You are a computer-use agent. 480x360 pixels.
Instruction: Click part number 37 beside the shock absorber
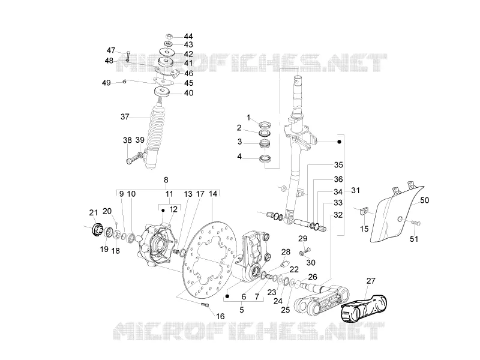[125, 116]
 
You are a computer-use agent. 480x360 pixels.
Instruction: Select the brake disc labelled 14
[211, 260]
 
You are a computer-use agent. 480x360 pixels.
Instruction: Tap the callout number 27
[371, 281]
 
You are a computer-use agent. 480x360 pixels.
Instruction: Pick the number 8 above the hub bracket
[166, 179]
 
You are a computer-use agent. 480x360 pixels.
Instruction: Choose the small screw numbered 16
[205, 305]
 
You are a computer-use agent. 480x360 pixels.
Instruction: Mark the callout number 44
[188, 36]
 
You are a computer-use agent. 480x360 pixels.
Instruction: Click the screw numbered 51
[414, 223]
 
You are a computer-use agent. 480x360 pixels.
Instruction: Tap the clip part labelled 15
[364, 211]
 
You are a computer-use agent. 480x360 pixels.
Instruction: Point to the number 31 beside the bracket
[355, 190]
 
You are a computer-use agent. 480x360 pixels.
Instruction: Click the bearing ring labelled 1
[265, 125]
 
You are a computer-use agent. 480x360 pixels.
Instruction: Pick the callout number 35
[338, 164]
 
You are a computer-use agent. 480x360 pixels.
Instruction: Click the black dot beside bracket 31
[339, 142]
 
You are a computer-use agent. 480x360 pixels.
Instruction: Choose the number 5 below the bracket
[242, 310]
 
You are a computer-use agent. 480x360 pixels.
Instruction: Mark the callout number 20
[107, 211]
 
